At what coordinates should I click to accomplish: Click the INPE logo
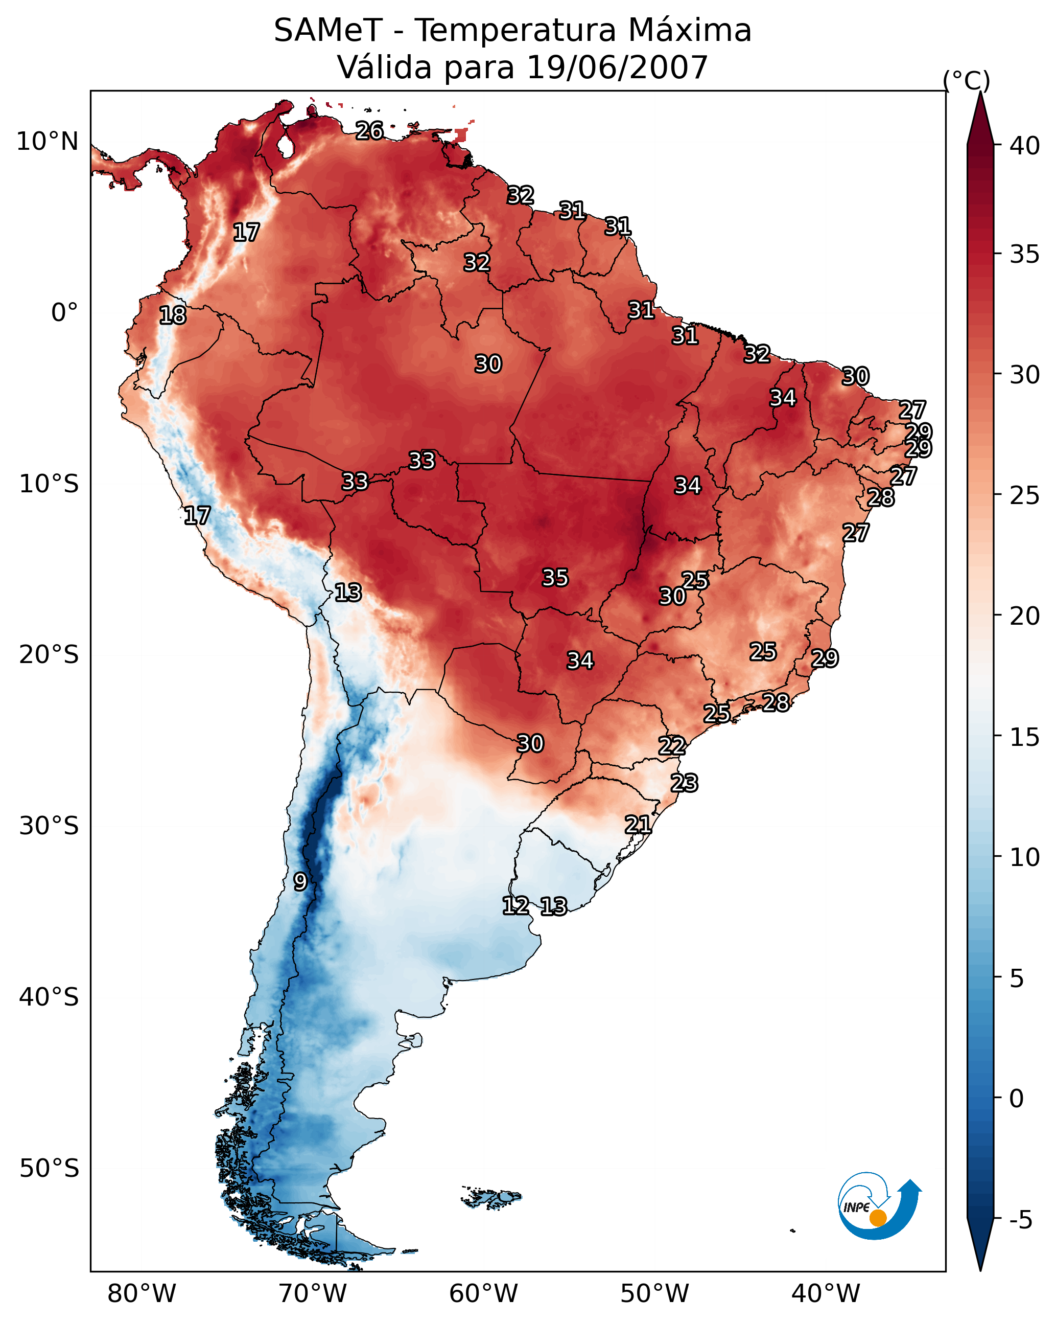[x=879, y=1207]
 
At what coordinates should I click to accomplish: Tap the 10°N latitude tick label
[x=47, y=142]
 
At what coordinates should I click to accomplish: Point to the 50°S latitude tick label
[x=49, y=1169]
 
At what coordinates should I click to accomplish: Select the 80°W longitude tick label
[x=142, y=1294]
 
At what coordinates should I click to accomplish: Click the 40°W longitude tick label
[x=826, y=1294]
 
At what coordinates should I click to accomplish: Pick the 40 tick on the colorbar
[x=1025, y=146]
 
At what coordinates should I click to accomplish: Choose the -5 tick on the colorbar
[x=1020, y=1220]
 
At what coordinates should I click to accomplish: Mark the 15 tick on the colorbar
[x=1025, y=737]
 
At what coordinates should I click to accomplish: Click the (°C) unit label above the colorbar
[x=966, y=80]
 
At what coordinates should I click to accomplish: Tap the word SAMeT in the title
[x=328, y=31]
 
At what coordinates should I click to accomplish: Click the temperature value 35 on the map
[x=555, y=578]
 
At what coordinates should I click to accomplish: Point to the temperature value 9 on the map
[x=300, y=882]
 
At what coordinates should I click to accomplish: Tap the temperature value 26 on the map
[x=369, y=130]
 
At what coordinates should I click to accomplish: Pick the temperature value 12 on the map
[x=515, y=906]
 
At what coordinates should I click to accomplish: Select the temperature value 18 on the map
[x=173, y=315]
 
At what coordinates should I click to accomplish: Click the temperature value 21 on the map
[x=638, y=825]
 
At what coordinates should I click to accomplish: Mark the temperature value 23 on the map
[x=684, y=783]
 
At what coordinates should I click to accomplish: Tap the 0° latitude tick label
[x=64, y=313]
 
